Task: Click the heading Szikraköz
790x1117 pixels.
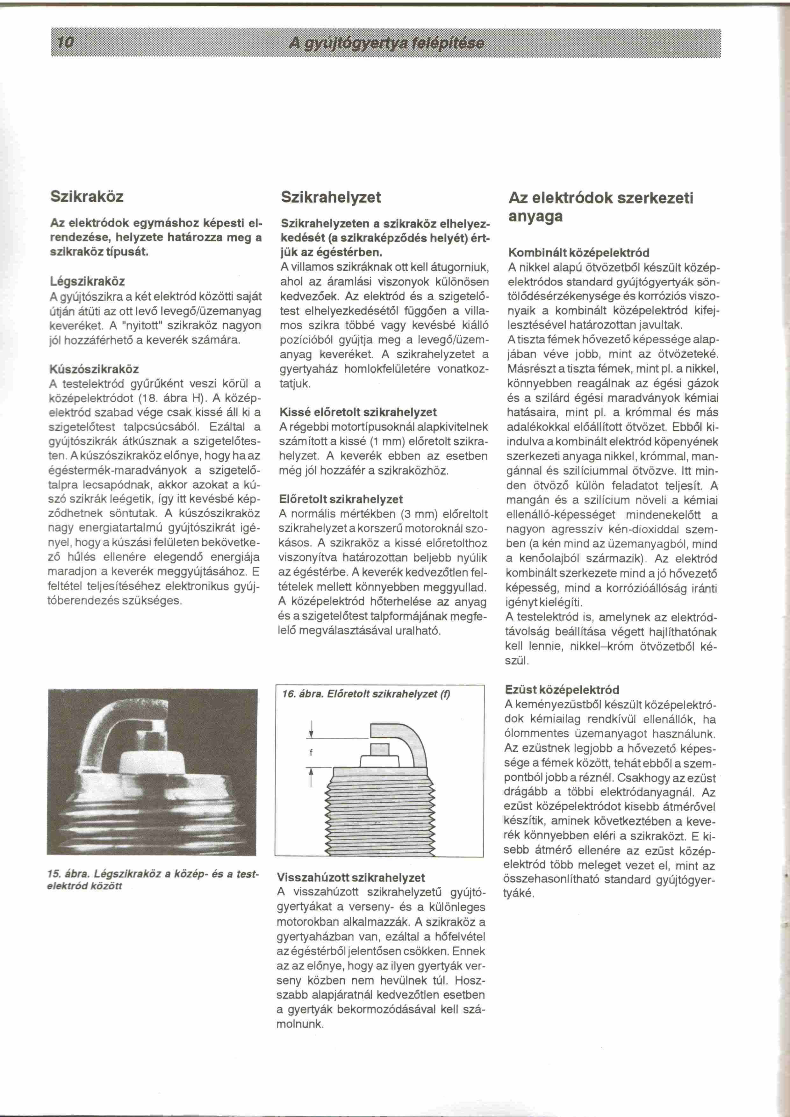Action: click(x=87, y=197)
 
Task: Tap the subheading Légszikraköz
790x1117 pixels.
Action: click(x=88, y=281)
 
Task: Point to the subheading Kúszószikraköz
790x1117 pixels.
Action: click(x=94, y=369)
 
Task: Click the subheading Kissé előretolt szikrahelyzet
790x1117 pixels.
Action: click(x=358, y=412)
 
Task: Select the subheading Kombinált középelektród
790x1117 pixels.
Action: click(x=578, y=253)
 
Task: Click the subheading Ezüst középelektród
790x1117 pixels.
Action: click(x=562, y=689)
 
